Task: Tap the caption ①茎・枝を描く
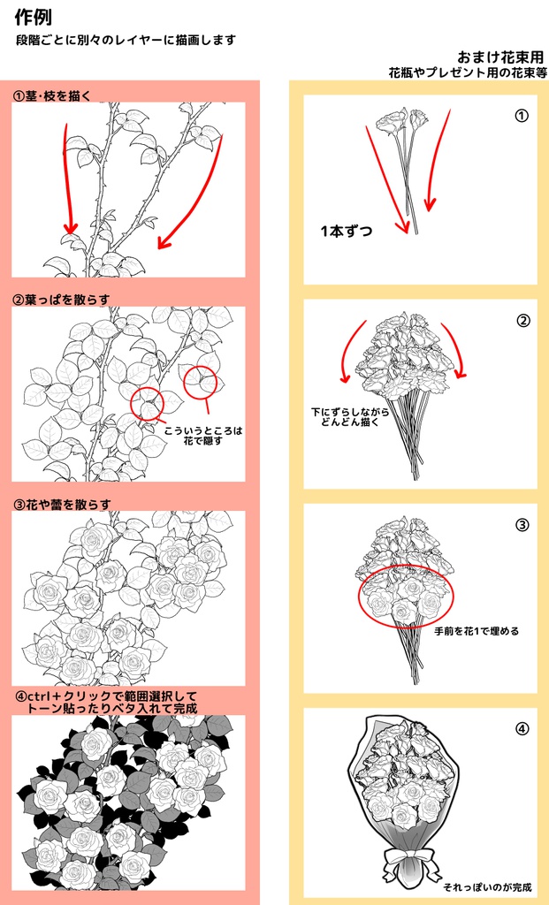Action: pos(52,95)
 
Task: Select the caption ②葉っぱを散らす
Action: pos(61,300)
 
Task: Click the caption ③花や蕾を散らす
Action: pos(62,504)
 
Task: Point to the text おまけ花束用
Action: pos(500,57)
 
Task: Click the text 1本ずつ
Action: pos(347,232)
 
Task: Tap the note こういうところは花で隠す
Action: pos(203,436)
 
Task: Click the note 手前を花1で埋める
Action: pos(477,631)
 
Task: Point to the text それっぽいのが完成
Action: pos(487,887)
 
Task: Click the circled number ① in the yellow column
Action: pos(522,116)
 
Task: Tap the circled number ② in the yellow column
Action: pos(522,320)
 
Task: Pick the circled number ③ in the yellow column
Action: pos(522,525)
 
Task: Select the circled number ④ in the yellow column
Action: pos(522,729)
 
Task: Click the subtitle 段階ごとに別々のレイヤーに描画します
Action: pos(126,41)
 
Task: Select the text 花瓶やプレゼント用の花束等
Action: pos(468,72)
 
